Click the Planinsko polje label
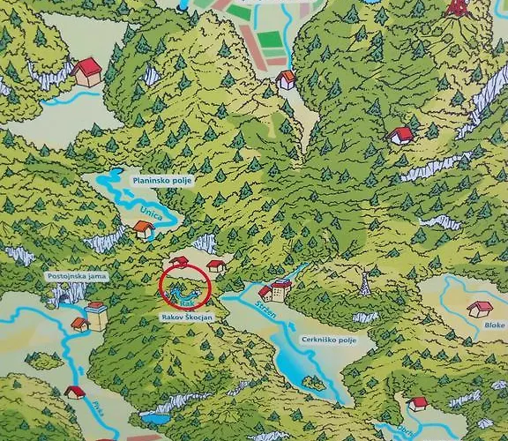161,180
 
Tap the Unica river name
151,213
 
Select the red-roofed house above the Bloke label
481,309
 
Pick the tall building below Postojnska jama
96,315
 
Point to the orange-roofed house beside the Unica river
144,229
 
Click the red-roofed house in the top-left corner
86,71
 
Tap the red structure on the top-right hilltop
458,9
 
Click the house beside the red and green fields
286,79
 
